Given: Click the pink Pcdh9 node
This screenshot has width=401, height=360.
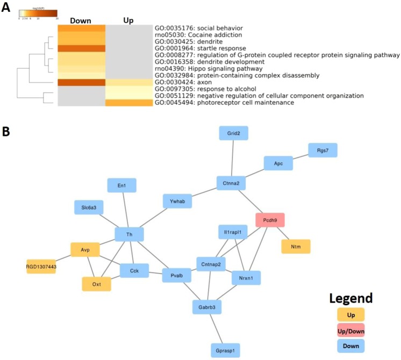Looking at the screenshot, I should pos(270,220).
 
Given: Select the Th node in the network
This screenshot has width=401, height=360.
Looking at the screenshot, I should pos(130,234).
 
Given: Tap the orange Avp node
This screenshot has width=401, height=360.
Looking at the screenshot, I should pos(85,249).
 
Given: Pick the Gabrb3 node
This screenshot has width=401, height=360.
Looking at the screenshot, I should pos(207,307).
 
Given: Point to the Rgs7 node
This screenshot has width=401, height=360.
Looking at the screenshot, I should pos(323,150).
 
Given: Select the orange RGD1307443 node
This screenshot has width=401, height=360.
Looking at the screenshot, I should pos(41,266).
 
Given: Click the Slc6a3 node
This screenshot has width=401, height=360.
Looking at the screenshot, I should pos(89,207).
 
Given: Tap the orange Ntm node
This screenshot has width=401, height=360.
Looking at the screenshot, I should pos(296,246).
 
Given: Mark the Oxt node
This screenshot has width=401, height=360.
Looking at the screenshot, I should pos(97,283).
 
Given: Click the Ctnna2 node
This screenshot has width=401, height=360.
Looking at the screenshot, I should pos(231,183).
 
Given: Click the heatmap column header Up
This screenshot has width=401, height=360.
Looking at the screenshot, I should pos(128,20).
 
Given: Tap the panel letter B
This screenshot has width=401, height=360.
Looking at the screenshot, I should pos(7,131).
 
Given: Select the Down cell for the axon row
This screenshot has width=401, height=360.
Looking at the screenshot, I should pos(81,82).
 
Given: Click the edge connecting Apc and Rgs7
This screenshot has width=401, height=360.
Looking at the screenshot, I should pos(300,156).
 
